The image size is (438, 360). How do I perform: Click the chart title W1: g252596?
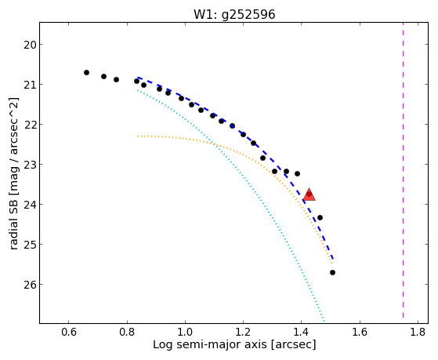point(234,15)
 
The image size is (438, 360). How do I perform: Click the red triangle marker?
point(309,195)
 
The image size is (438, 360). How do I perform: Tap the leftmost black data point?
point(87,72)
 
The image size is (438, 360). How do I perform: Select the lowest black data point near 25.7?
point(332,272)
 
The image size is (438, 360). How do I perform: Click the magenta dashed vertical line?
point(403,170)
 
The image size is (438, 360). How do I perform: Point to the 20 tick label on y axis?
point(30,45)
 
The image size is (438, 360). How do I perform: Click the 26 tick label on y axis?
point(30,285)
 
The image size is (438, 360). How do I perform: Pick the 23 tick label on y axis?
point(30,165)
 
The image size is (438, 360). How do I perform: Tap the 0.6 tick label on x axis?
point(69,332)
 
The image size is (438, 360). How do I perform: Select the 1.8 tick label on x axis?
point(418,332)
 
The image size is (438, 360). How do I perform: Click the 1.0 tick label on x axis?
point(185,332)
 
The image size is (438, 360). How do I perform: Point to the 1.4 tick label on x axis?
point(302,332)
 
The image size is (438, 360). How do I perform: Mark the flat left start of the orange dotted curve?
point(138,136)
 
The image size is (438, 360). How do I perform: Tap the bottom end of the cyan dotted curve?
point(324,320)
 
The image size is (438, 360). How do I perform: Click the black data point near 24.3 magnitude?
point(320,217)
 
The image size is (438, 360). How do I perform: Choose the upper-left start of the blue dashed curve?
point(138,78)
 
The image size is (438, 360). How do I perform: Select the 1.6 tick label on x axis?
point(360,332)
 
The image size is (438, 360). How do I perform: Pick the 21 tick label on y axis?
point(30,85)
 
